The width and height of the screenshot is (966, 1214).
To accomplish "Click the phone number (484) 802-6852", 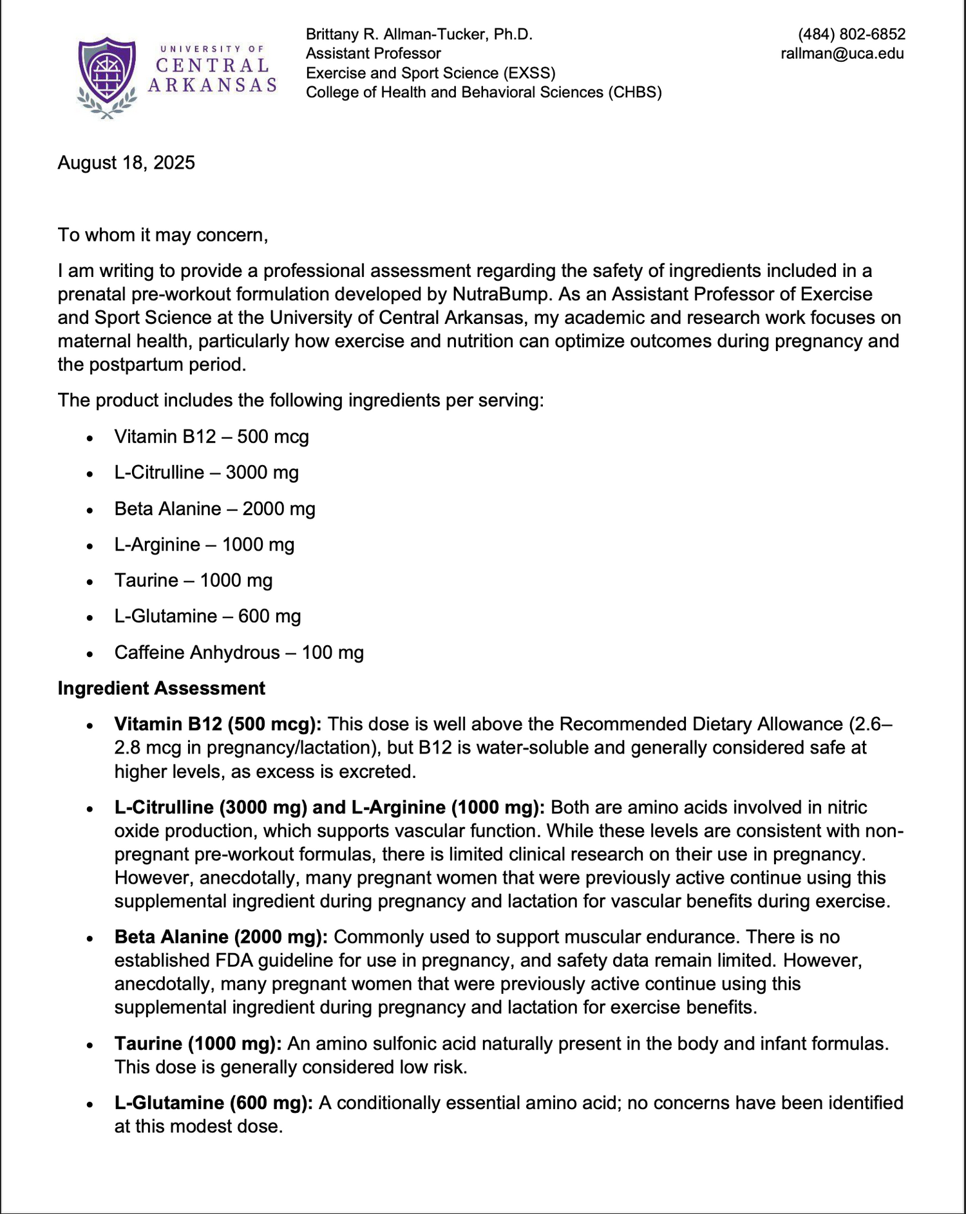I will click(x=851, y=34).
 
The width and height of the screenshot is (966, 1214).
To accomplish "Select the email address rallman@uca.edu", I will click(x=842, y=53).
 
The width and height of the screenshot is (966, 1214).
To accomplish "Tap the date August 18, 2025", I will click(x=126, y=162).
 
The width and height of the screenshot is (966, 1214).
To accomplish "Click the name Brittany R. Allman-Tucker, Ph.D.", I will click(x=419, y=34).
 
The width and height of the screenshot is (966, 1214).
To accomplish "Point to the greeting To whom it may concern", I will click(x=162, y=234).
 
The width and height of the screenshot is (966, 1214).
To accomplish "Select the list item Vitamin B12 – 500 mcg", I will click(x=211, y=437).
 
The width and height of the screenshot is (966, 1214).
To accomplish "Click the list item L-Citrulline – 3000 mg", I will click(x=206, y=473).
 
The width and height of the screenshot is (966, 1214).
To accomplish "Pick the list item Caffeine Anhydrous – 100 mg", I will click(x=239, y=652).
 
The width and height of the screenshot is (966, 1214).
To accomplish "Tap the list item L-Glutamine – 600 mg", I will click(x=207, y=616).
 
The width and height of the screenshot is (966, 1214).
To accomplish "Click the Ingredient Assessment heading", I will click(x=161, y=688).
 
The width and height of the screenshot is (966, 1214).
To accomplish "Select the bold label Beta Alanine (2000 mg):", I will click(x=221, y=937).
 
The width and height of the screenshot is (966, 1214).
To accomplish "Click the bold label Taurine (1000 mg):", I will click(x=198, y=1043).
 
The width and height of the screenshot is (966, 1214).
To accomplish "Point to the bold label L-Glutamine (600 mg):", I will click(x=213, y=1103).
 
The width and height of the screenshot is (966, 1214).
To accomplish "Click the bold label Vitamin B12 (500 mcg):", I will click(x=218, y=725).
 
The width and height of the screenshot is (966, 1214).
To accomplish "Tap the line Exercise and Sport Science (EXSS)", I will click(x=430, y=73).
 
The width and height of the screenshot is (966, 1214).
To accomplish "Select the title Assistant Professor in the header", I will click(x=373, y=53).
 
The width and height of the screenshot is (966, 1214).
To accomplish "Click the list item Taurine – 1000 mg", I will click(x=193, y=580).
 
